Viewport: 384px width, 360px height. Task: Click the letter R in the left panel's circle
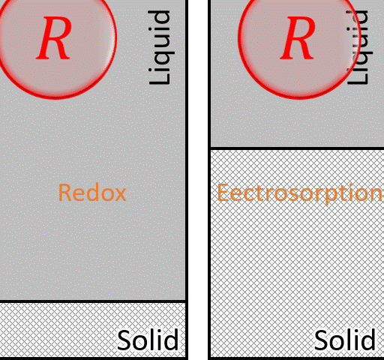(55, 39)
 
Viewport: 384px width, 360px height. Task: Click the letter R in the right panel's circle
(298, 39)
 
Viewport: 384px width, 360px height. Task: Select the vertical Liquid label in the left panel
(160, 49)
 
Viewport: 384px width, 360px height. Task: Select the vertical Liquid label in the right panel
(363, 49)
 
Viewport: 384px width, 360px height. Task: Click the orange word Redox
(92, 193)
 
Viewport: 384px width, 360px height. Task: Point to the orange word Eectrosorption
(299, 193)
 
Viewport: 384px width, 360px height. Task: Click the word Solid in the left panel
(148, 340)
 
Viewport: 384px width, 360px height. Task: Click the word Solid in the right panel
(345, 340)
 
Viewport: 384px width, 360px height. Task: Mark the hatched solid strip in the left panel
(60, 330)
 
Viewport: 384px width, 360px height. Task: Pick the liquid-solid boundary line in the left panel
(93, 301)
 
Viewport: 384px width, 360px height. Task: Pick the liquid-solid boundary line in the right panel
(296, 148)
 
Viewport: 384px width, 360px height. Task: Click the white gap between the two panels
(197, 180)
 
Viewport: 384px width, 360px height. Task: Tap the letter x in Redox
(120, 194)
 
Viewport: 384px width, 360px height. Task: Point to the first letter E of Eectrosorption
(223, 193)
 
